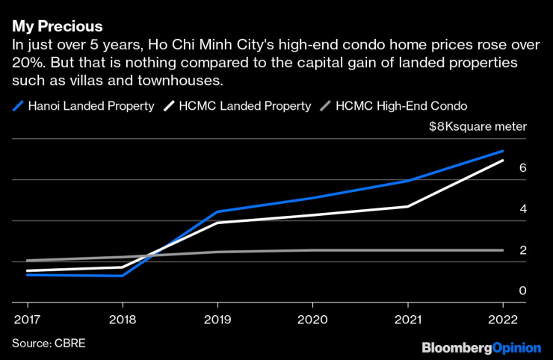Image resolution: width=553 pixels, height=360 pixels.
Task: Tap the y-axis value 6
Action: tap(523, 168)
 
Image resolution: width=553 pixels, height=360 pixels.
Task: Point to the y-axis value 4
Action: tap(523, 209)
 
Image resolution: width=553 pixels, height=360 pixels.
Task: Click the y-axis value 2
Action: tap(523, 250)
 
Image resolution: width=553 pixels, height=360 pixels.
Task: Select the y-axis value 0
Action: tap(523, 291)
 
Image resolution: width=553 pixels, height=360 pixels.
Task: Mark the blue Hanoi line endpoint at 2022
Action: tap(502, 151)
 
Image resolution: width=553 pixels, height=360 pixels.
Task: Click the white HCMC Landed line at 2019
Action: tap(217, 223)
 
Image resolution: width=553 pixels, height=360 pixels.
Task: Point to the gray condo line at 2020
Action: tap(312, 250)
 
